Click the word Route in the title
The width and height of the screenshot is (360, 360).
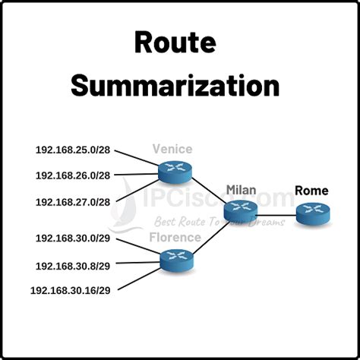click(x=179, y=43)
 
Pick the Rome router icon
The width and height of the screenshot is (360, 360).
click(x=312, y=213)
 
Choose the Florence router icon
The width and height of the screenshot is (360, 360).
click(x=177, y=261)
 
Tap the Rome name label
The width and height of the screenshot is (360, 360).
click(x=311, y=191)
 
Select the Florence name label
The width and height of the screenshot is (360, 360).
click(x=175, y=238)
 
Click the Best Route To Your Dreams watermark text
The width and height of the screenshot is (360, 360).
click(x=219, y=223)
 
